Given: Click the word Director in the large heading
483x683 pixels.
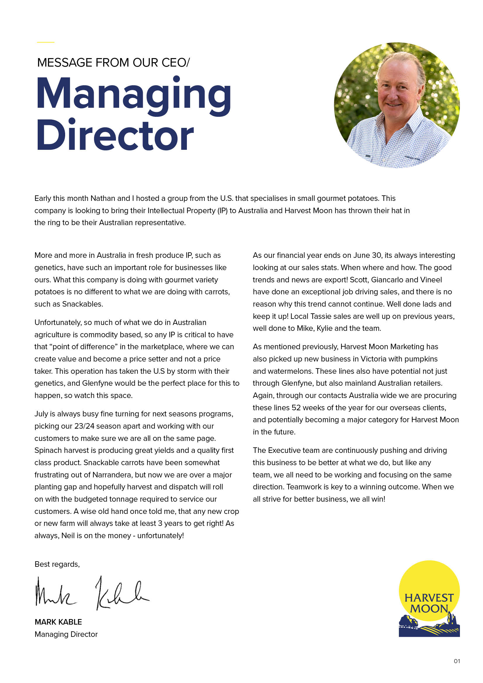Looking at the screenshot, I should coord(115,136).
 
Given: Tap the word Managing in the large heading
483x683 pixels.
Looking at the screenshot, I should coord(133,94).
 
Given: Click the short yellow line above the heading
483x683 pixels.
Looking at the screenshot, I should coord(46,42).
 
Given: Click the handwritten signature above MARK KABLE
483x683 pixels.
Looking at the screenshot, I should coord(92,593).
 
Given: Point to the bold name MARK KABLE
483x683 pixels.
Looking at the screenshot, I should coord(58,622).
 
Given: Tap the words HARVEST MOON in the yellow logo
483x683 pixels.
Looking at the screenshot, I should coord(429,603).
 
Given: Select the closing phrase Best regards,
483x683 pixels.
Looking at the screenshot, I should coord(57,564).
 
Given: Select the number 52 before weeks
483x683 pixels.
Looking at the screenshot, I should coord(296,408).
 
